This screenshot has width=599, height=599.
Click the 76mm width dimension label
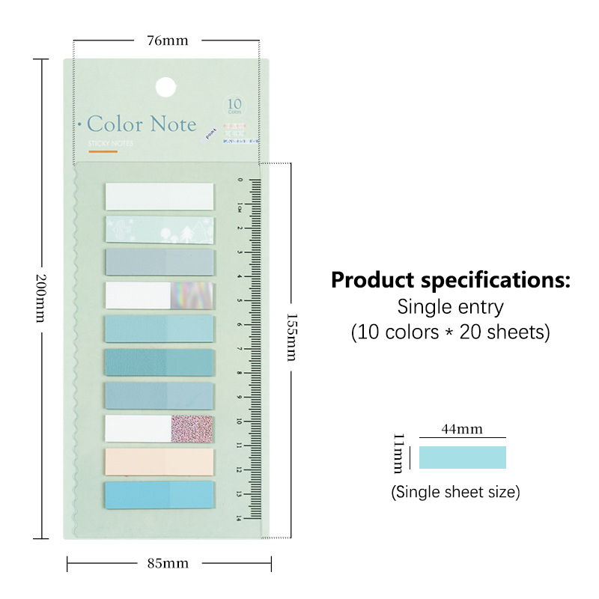point(167,40)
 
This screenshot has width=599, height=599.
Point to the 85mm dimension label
point(168,563)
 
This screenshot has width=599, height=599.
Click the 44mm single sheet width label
point(462,429)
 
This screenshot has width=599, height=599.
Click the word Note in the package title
point(172,124)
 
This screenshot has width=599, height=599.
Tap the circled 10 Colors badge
point(234,106)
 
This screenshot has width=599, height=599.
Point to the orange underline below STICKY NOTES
point(103,153)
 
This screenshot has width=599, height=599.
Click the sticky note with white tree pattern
point(159,229)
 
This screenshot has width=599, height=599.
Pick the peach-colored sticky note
point(159,461)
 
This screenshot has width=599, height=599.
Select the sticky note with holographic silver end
point(159,295)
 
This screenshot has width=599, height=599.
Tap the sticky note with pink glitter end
point(159,428)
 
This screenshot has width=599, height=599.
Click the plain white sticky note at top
point(159,196)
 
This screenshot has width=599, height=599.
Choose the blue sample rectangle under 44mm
point(462,457)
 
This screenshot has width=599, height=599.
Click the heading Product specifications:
point(451,282)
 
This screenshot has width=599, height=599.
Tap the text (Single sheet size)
point(455,492)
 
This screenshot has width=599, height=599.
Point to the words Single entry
point(451,306)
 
